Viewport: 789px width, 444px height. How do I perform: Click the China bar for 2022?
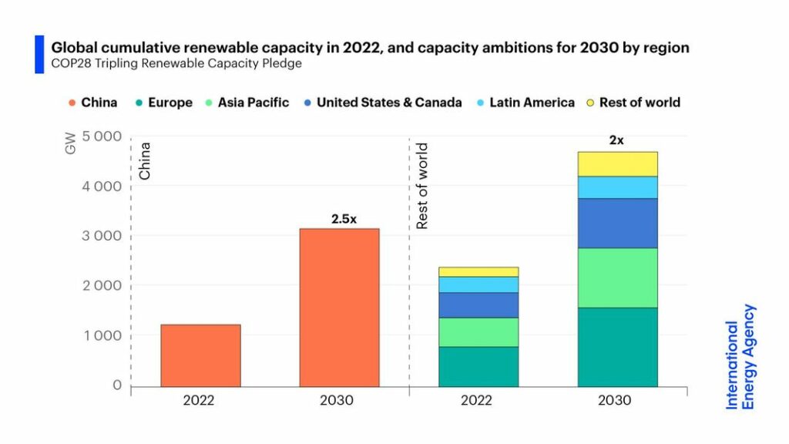200,355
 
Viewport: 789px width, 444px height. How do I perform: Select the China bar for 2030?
339,308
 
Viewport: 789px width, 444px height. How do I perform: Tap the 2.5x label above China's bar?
344,219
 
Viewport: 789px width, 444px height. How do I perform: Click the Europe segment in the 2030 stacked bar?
617,347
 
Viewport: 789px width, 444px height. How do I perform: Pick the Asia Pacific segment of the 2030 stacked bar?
617,277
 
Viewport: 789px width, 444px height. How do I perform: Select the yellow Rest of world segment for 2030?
617,163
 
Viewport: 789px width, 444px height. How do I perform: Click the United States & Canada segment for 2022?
478,305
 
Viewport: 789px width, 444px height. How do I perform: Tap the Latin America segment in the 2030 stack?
617,187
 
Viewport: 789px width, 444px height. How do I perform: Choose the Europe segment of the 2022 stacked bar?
478,367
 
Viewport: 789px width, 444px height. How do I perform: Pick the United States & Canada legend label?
388,103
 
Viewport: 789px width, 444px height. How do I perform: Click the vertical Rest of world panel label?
421,186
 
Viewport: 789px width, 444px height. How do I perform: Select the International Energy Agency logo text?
740,356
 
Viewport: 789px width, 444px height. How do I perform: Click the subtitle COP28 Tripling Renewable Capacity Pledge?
176,64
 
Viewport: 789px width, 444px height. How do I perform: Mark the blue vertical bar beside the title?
39,54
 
